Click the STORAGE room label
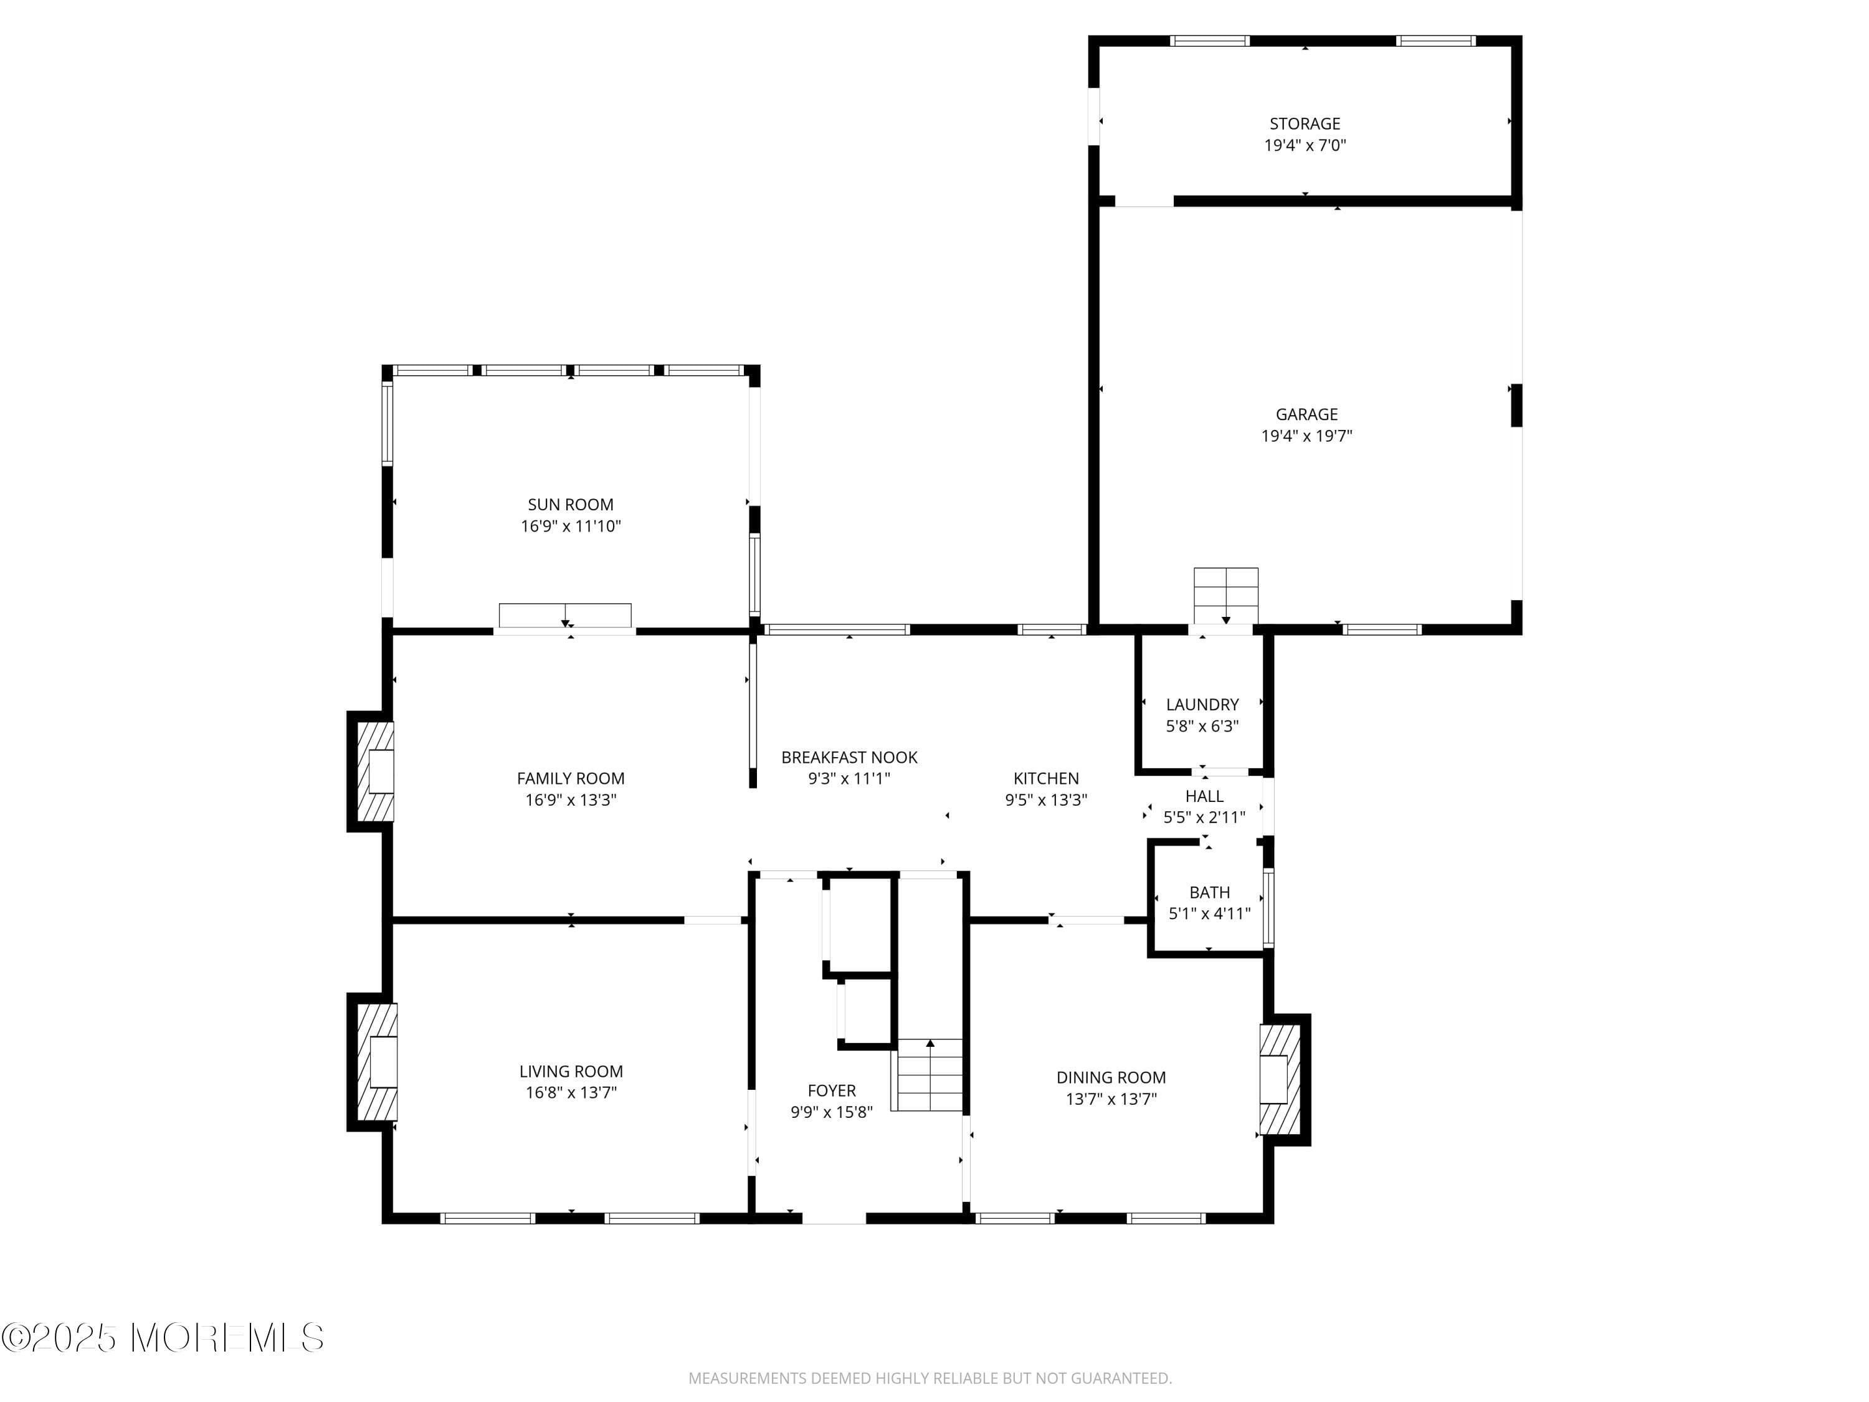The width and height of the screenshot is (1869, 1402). (x=1304, y=123)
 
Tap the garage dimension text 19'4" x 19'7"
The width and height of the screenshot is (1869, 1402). (x=1306, y=436)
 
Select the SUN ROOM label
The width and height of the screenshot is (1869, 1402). (x=570, y=505)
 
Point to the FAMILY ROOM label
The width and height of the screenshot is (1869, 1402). (x=570, y=778)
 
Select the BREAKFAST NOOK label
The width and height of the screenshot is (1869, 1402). (x=849, y=757)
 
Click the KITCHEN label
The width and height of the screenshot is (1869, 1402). (x=1046, y=778)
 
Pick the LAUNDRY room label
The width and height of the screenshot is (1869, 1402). (x=1202, y=704)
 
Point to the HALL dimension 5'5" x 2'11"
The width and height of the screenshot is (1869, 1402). (x=1204, y=817)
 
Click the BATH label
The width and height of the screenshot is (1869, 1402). (x=1209, y=892)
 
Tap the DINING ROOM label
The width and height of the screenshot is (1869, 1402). (x=1110, y=1077)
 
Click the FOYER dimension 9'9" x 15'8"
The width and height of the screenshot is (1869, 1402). (x=832, y=1112)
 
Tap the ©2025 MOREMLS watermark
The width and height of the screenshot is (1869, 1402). (x=162, y=1338)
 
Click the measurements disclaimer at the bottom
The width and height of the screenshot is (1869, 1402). (x=930, y=1378)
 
